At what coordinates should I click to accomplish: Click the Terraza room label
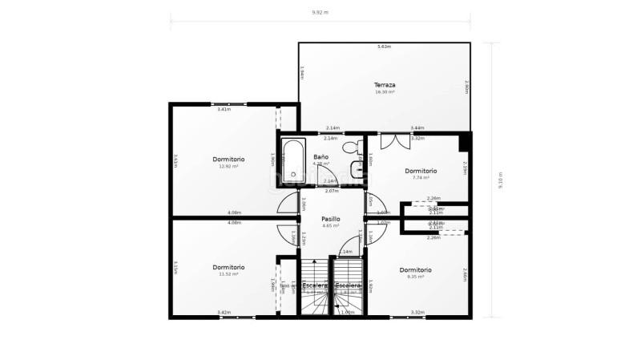385,84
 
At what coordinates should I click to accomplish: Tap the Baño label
320,156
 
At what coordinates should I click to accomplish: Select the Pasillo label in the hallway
331,218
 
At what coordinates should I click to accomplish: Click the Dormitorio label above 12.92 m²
228,159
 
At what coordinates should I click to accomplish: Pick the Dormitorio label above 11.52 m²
228,267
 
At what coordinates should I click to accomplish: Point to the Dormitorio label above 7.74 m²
421,170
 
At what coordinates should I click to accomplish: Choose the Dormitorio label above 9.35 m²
415,269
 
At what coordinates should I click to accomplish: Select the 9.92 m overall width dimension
320,13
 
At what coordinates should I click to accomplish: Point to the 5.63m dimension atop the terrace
384,47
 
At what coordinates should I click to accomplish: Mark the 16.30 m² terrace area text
385,92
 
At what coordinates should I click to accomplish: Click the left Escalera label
315,285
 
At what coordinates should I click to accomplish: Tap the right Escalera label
348,285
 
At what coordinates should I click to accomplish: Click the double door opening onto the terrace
394,140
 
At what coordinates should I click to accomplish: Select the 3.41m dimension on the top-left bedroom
224,109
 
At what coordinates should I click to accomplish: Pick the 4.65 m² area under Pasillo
331,226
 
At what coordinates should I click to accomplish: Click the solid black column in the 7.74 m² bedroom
464,142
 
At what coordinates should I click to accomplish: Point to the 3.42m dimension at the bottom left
224,313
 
